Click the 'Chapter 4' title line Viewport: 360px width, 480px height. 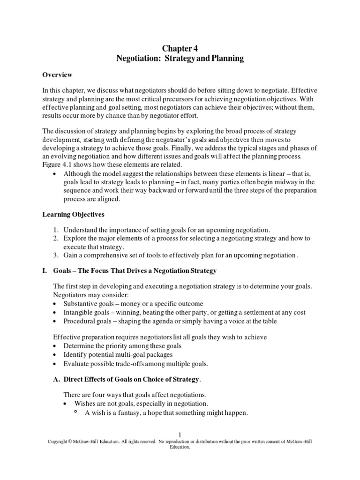[x=180, y=48]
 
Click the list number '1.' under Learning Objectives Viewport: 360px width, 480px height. [x=55, y=230]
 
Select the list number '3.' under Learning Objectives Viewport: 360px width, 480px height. [x=55, y=255]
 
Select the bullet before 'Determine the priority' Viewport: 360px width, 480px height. [x=56, y=345]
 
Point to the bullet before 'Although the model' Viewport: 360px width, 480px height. [x=56, y=173]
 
